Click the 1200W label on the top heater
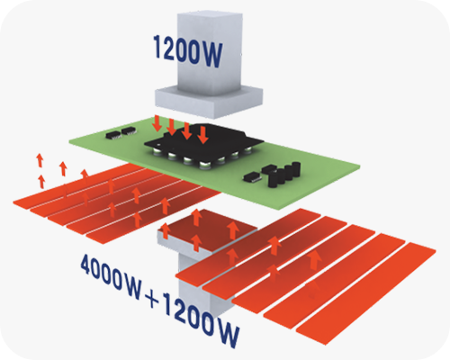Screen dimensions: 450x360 [x=188, y=51]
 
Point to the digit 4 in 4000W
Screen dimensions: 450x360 [x=86, y=264]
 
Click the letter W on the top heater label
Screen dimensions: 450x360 [x=211, y=55]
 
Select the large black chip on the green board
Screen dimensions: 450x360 [x=204, y=141]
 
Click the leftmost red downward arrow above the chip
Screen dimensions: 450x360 [x=157, y=123]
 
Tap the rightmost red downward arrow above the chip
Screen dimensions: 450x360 [x=203, y=135]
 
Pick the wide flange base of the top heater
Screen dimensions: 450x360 [x=209, y=101]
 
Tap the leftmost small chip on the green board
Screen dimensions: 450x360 [x=114, y=135]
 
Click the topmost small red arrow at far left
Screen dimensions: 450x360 [x=40, y=160]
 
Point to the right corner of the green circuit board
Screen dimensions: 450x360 [x=360, y=166]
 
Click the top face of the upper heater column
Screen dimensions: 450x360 [x=210, y=15]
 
